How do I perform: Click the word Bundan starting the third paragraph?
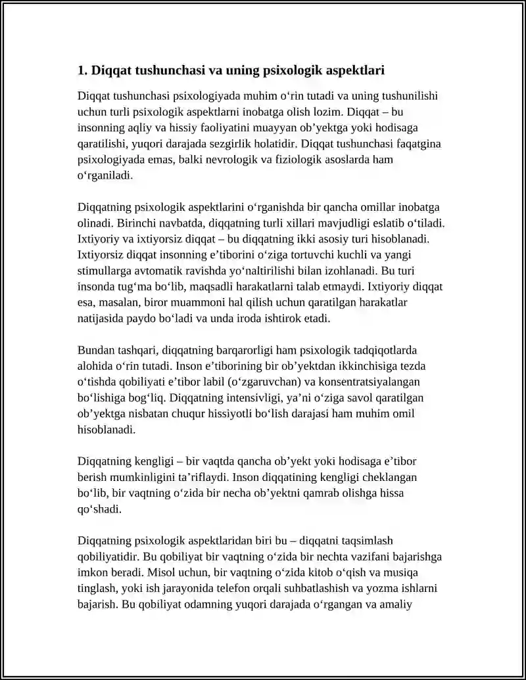[x=95, y=350]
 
